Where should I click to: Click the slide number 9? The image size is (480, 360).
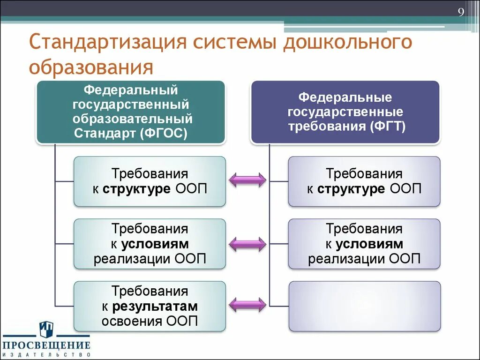[x=461, y=13]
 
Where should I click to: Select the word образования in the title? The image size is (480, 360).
[x=91, y=67]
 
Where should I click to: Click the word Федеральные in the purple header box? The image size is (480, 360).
[x=345, y=98]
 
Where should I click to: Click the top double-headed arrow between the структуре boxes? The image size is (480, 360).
[x=247, y=180]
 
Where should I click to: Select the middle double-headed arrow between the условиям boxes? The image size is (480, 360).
[x=247, y=243]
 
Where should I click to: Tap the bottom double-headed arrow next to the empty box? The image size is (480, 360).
[x=247, y=305]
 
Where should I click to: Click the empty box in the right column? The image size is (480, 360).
[x=364, y=306]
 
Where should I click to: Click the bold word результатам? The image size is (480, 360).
[x=155, y=307]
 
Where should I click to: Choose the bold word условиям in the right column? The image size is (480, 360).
[x=369, y=244]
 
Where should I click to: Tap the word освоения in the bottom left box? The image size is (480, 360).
[x=132, y=321]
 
